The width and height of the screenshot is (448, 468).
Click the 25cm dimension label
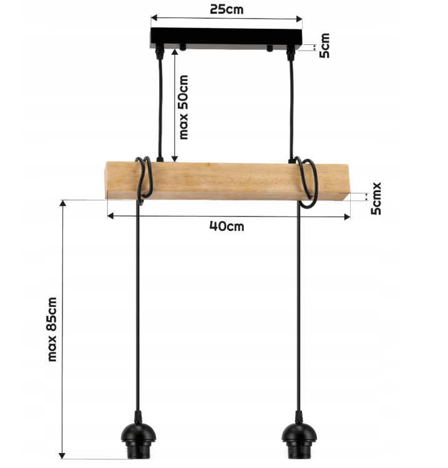click(x=226, y=9)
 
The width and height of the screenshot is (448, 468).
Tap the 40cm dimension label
click(x=226, y=227)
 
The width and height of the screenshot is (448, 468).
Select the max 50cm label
click(x=183, y=107)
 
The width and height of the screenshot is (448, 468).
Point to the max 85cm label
click(x=52, y=329)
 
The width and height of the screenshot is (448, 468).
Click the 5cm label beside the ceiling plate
click(x=324, y=46)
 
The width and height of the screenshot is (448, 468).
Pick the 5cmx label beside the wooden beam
click(x=376, y=198)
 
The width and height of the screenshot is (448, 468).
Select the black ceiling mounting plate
click(x=226, y=38)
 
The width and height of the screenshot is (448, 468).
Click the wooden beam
click(x=228, y=181)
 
